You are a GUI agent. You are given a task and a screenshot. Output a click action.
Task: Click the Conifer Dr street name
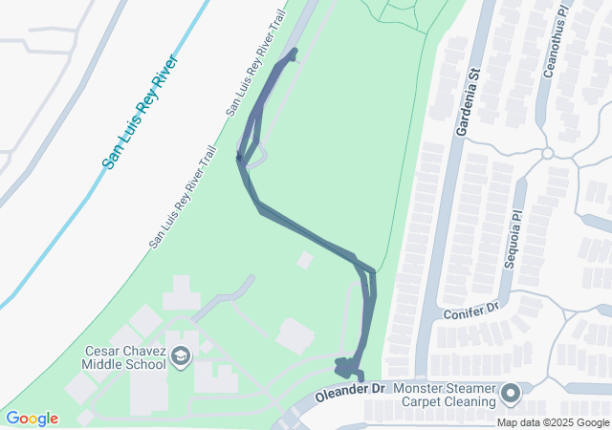[472, 309]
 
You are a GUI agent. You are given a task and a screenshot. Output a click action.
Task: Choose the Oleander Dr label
[351, 390]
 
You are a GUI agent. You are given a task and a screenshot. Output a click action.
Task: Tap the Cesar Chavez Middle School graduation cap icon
[180, 356]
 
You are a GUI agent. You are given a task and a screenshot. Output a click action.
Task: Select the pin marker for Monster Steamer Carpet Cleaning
[510, 394]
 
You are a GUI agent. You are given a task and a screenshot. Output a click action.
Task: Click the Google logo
[32, 419]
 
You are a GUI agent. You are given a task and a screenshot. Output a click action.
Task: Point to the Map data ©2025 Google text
[553, 422]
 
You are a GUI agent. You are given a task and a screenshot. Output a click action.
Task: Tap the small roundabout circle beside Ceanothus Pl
[548, 153]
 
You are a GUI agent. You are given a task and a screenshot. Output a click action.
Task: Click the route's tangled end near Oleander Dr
[345, 367]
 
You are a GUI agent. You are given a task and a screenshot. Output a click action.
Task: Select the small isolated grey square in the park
[305, 260]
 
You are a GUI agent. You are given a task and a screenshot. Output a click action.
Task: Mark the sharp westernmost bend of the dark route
[239, 159]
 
